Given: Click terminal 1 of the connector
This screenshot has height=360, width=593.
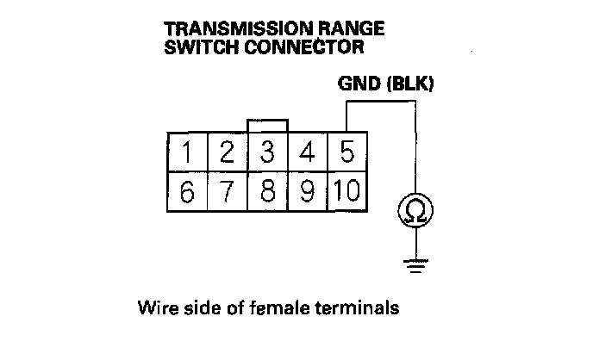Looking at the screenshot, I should [187, 153].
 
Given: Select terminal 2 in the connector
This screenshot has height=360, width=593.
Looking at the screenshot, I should [227, 153].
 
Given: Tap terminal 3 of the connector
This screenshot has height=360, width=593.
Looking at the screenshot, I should [267, 153].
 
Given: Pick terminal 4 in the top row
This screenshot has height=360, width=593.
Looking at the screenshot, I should [307, 153].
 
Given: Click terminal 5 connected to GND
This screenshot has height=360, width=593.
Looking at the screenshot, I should [347, 153].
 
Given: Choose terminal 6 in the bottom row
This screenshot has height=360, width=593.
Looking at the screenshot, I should [187, 190].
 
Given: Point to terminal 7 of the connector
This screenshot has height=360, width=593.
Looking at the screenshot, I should [227, 190].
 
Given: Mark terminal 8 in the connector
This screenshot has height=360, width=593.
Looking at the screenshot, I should [267, 190].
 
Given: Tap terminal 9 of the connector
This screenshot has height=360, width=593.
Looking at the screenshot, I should [307, 190].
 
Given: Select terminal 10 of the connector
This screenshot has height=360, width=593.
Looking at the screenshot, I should [347, 190].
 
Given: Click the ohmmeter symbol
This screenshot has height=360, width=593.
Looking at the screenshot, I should [415, 210].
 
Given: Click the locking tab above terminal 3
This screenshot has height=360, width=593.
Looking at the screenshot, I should [267, 127].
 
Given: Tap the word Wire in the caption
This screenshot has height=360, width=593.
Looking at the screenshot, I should [153, 307].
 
